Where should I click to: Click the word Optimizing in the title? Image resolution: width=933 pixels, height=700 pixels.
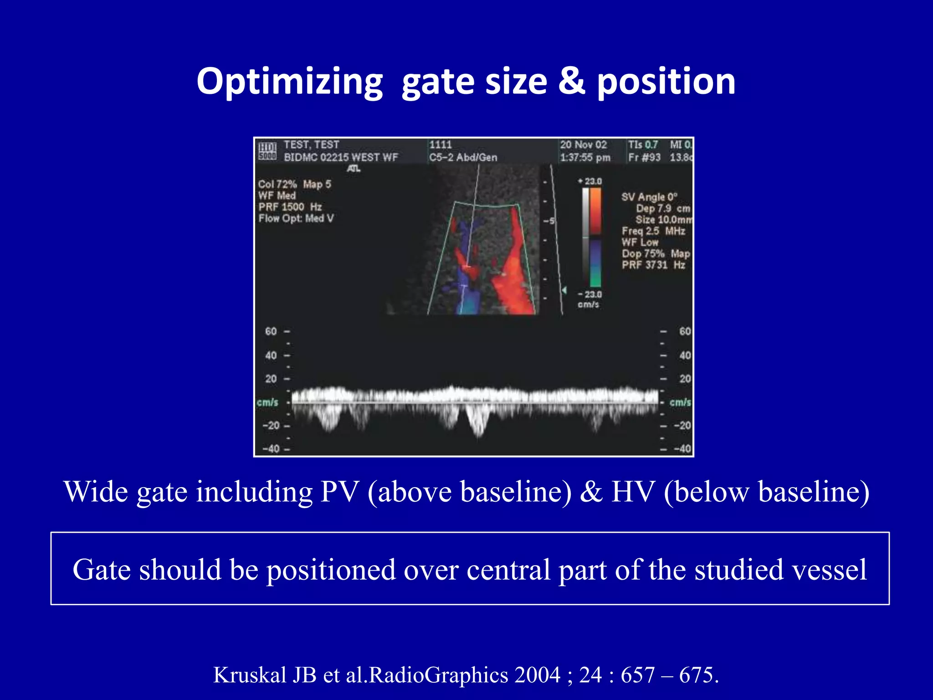pyautogui.click(x=290, y=82)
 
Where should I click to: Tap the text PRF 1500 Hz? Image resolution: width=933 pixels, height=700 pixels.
pyautogui.click(x=290, y=207)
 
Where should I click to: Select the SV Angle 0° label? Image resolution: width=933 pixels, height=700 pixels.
pyautogui.click(x=649, y=197)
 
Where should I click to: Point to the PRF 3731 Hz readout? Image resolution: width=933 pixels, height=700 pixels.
pyautogui.click(x=653, y=265)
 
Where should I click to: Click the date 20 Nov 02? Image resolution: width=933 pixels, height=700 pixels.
pyautogui.click(x=583, y=145)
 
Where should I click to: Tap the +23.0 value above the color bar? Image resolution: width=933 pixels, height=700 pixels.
pyautogui.click(x=590, y=181)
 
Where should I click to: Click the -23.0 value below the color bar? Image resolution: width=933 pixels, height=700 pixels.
pyautogui.click(x=590, y=294)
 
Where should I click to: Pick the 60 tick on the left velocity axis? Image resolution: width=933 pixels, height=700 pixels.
pyautogui.click(x=271, y=331)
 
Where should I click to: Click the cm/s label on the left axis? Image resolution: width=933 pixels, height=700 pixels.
pyautogui.click(x=267, y=402)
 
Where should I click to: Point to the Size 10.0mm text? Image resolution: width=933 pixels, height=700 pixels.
pyautogui.click(x=663, y=220)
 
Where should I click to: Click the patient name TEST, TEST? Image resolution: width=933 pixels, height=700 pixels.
pyautogui.click(x=312, y=145)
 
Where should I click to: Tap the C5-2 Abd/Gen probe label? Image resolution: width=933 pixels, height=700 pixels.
pyautogui.click(x=463, y=158)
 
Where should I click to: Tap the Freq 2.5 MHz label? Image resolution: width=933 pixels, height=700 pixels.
pyautogui.click(x=653, y=231)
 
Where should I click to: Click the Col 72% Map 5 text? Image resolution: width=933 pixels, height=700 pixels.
pyautogui.click(x=294, y=185)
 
